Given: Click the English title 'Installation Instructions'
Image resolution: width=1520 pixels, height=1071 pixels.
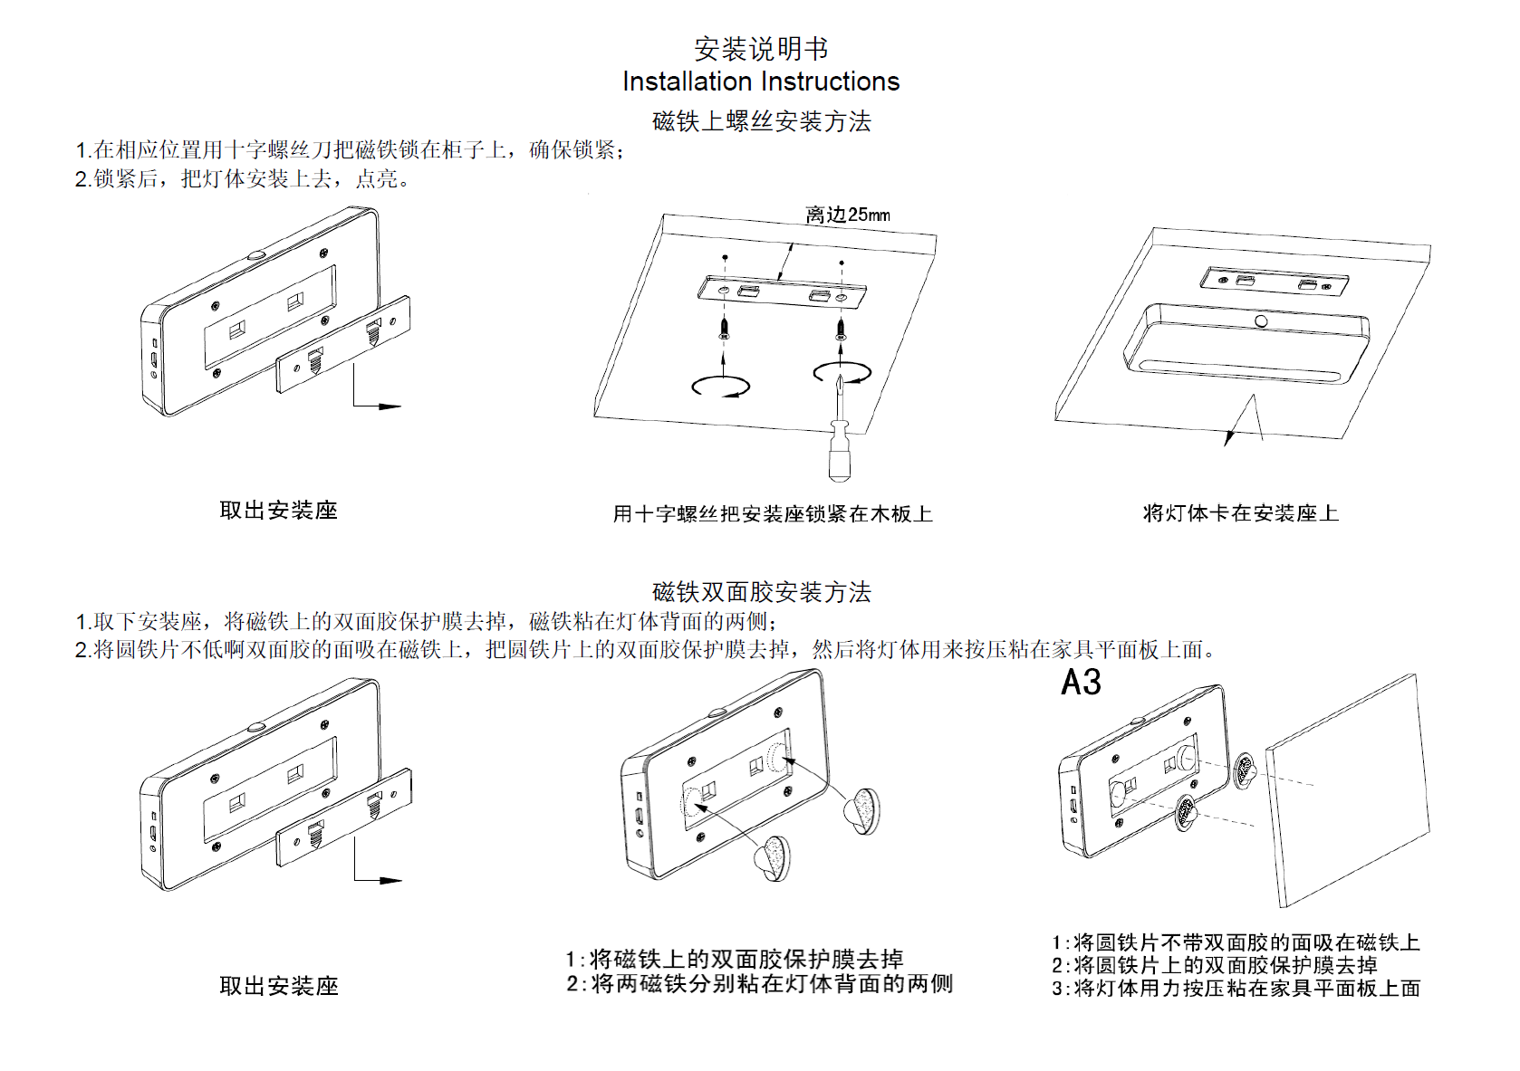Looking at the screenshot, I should click(761, 81).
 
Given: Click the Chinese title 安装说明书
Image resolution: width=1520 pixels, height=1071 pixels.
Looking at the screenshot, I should click(761, 48).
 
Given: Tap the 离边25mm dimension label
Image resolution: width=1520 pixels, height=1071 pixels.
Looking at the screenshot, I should click(847, 215).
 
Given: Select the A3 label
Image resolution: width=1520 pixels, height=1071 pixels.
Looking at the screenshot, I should click(1081, 683).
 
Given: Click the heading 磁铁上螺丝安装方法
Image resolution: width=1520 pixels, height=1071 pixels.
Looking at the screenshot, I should click(761, 121).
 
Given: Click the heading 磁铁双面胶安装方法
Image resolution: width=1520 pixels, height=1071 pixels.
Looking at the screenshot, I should click(761, 592).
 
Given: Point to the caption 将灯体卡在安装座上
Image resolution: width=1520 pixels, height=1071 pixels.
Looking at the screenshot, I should click(1240, 513).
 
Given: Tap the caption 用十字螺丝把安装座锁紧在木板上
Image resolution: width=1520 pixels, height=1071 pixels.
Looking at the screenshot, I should click(772, 514).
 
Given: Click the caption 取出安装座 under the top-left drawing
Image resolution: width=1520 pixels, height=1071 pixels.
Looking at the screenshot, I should click(278, 511).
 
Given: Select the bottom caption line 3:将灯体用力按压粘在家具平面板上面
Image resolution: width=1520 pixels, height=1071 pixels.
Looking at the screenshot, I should click(1236, 989).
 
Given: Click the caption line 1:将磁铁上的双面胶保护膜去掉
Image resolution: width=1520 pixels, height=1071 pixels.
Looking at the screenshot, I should click(735, 959).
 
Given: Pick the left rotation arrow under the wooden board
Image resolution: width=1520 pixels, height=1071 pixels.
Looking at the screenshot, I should click(721, 387).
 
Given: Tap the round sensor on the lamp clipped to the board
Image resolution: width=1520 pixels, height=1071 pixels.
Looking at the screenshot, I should click(1261, 321).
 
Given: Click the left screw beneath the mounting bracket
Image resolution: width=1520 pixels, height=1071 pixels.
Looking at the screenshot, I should click(724, 325).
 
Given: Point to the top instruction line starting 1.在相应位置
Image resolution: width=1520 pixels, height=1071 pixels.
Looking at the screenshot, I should click(351, 150).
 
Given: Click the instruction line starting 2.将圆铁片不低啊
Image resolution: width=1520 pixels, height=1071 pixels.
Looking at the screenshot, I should click(647, 649).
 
